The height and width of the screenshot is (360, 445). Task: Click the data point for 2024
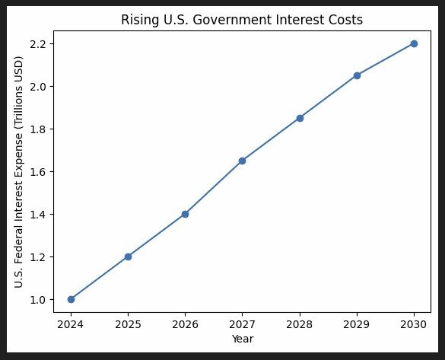[x=71, y=299]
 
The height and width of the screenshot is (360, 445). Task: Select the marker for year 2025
[x=128, y=256]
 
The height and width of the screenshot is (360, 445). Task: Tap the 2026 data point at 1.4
[x=185, y=214]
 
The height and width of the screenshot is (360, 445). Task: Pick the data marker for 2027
[x=243, y=161]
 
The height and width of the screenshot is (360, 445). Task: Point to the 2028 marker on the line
[x=300, y=118]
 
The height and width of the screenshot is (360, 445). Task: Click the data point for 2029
[x=357, y=75]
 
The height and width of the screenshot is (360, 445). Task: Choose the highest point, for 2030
[x=414, y=43]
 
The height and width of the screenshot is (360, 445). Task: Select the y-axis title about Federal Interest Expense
[x=20, y=172]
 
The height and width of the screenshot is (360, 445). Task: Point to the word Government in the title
[x=222, y=20]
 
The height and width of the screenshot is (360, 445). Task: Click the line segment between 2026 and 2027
[x=214, y=187]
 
